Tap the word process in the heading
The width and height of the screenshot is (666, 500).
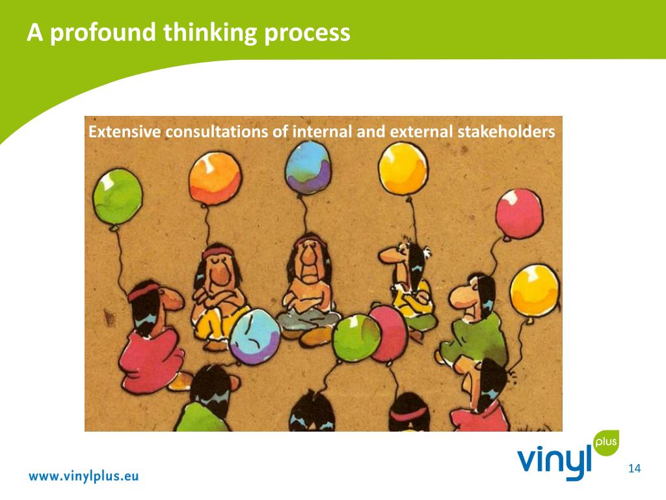pos(307,32)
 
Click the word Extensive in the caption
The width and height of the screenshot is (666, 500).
pos(124,132)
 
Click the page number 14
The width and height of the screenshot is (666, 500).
pos(635,468)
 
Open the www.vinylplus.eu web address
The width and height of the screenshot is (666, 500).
pos(83,475)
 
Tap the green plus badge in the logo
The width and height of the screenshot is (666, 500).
pos(606,443)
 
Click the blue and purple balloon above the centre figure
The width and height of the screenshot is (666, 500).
pos(309,167)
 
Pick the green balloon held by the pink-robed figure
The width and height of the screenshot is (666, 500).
pos(117,195)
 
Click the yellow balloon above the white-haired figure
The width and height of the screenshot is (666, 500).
pos(403,168)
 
